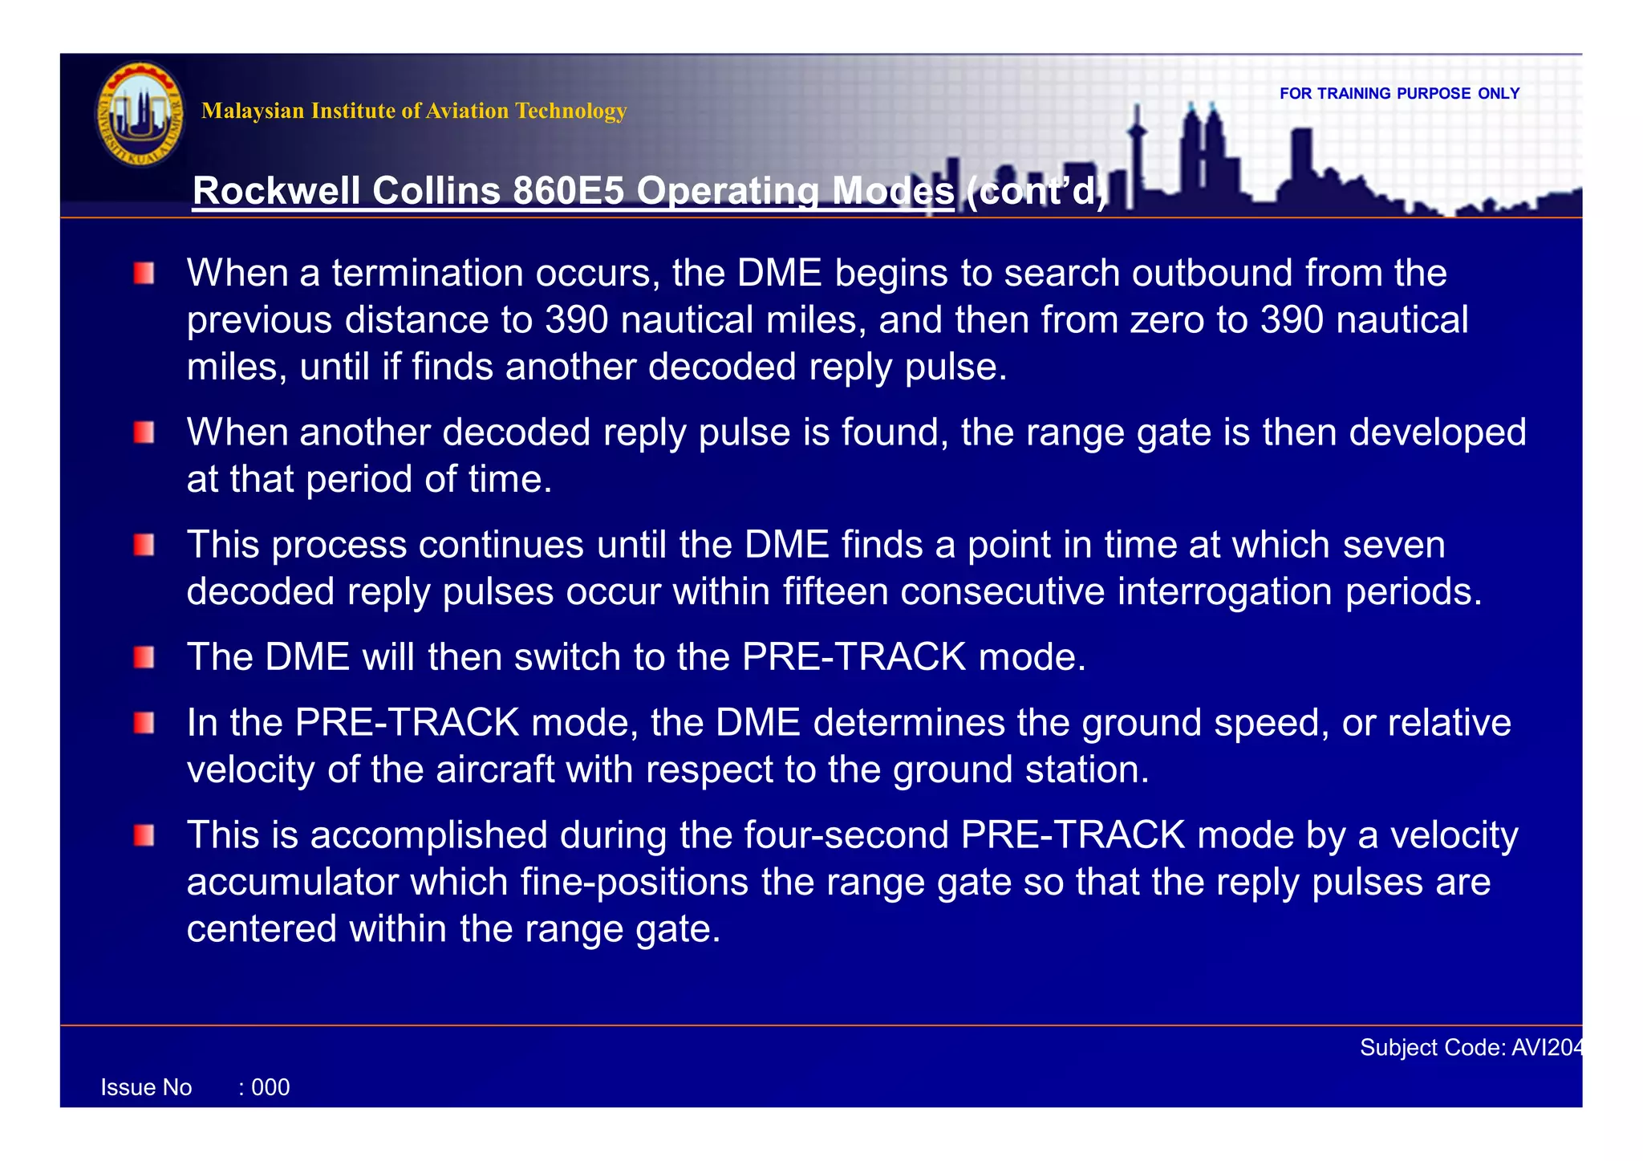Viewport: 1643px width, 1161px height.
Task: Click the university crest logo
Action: (x=140, y=115)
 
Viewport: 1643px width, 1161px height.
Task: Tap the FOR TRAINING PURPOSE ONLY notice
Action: (x=1399, y=94)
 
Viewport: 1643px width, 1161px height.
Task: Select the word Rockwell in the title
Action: (x=278, y=191)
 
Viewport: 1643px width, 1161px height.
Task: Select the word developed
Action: (x=1437, y=432)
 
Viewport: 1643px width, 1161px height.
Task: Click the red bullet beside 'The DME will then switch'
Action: (x=144, y=658)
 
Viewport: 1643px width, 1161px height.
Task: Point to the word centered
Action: (x=262, y=929)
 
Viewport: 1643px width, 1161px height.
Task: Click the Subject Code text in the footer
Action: (x=1471, y=1048)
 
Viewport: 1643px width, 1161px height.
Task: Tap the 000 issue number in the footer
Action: (x=270, y=1088)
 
